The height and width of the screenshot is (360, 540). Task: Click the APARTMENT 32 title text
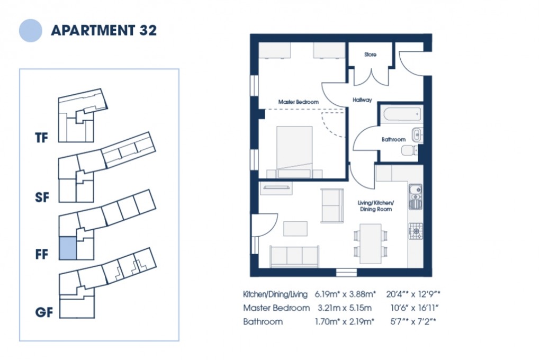104,30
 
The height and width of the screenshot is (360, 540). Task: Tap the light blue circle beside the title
30,30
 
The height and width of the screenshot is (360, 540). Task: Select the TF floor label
41,139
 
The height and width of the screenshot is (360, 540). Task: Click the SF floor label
41,197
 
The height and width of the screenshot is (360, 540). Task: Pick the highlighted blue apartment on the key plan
67,248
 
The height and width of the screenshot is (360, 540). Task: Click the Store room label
370,55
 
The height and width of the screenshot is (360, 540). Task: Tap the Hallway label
362,100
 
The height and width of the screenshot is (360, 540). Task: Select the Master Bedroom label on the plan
299,102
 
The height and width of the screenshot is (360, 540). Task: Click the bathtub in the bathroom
403,114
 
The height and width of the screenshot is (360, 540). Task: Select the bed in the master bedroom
294,151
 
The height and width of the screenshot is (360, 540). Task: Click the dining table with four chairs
370,243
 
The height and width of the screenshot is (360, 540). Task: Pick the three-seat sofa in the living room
294,257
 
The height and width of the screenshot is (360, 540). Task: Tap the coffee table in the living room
295,228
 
